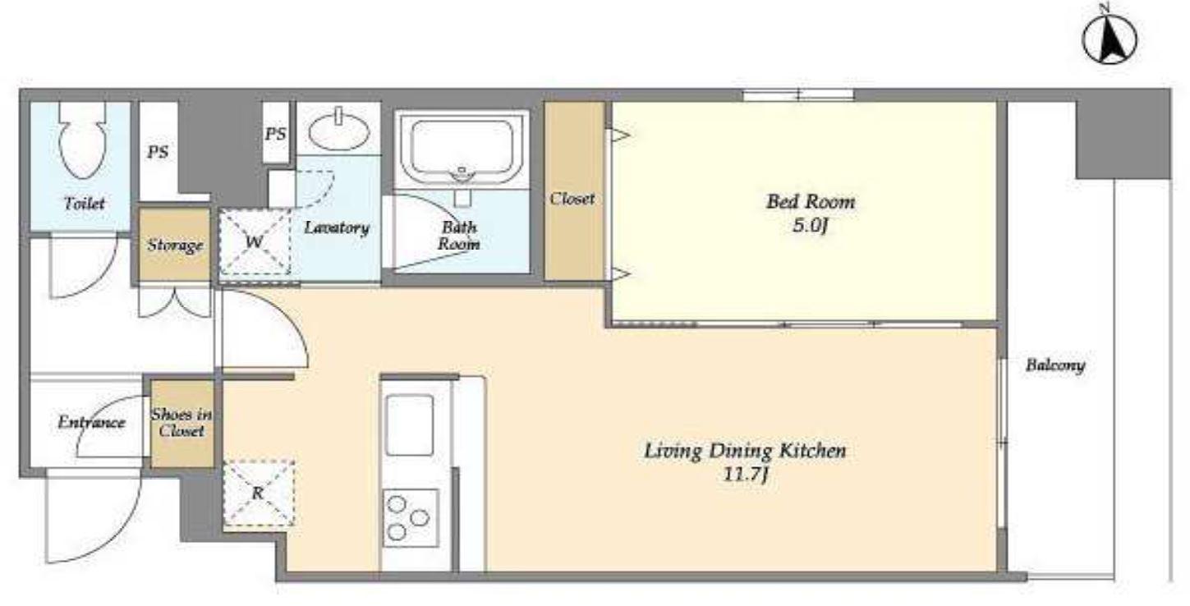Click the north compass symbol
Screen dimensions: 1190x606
1110,39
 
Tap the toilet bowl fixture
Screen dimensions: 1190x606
82,140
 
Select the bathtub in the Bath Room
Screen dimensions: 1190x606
462,149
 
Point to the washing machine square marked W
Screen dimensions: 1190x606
255,241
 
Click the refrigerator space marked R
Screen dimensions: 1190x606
258,493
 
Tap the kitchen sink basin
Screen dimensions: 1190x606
409,425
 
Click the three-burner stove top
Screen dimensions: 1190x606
411,518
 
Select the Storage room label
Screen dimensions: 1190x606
175,246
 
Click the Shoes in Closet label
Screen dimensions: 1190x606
181,422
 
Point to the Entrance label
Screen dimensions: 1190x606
91,423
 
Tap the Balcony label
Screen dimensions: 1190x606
1055,365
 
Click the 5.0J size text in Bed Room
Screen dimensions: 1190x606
811,226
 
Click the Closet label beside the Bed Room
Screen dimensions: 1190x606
572,199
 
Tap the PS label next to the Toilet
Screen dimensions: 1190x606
158,153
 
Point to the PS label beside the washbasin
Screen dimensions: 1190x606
275,134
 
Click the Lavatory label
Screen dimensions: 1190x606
336,227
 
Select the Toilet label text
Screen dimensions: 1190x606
84,203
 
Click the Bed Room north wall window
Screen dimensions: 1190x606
798,95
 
